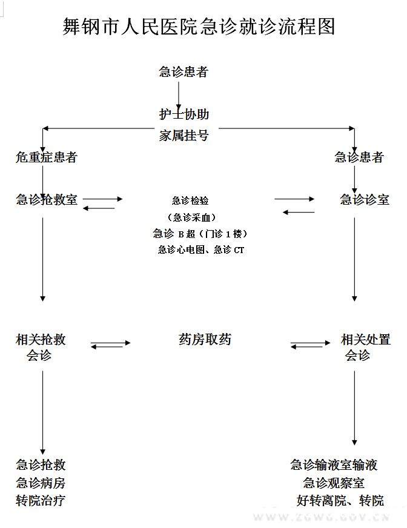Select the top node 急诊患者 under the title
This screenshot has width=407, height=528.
[x=184, y=72]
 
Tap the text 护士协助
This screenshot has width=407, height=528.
[x=184, y=114]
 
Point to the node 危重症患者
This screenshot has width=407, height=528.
[x=47, y=157]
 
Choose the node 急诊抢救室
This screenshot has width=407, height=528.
[x=47, y=200]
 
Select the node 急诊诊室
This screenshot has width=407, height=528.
[x=365, y=200]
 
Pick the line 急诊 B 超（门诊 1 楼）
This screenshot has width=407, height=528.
[x=200, y=234]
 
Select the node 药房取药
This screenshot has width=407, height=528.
[x=205, y=340]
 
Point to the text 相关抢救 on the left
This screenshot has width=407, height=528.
[x=41, y=340]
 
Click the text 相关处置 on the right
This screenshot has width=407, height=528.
[x=366, y=340]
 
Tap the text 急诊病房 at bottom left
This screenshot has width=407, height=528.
[x=41, y=483]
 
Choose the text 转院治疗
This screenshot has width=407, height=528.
[x=41, y=501]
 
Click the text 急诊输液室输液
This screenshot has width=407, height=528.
[x=334, y=465]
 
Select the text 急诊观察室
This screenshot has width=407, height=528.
[x=334, y=483]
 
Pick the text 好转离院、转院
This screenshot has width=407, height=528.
[x=340, y=501]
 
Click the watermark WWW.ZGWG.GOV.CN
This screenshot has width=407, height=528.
[x=322, y=518]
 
